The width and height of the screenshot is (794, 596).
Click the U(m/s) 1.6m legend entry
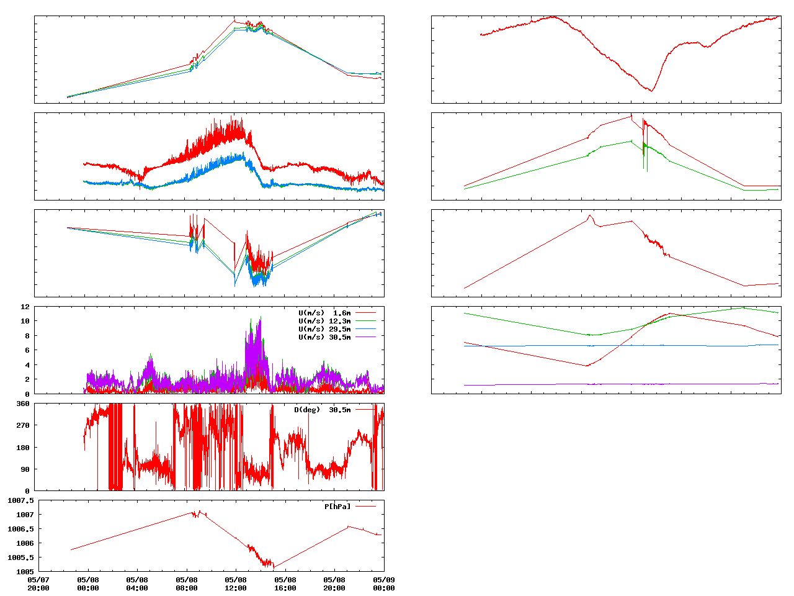[324, 313]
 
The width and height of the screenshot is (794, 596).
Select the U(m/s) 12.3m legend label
[324, 321]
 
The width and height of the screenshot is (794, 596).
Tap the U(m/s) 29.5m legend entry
[324, 329]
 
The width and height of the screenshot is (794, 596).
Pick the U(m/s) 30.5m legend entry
[324, 337]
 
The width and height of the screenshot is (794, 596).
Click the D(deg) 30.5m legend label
[322, 410]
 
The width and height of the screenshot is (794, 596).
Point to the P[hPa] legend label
[337, 507]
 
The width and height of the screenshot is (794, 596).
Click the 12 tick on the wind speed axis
[25, 307]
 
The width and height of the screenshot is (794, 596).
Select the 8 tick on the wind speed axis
[27, 336]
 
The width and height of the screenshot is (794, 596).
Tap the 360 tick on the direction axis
[23, 404]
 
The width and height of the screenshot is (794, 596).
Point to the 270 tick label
[23, 425]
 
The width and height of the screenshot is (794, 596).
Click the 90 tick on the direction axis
[25, 469]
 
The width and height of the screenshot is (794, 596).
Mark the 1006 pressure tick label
[25, 543]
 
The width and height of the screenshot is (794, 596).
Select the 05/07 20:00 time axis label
[38, 584]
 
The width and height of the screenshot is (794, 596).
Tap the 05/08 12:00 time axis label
[236, 584]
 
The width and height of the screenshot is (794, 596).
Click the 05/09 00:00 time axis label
[384, 584]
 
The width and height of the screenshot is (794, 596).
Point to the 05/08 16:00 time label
[285, 584]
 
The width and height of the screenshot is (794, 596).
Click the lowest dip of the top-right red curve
[651, 91]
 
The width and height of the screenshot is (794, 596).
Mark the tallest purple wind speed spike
[260, 318]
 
